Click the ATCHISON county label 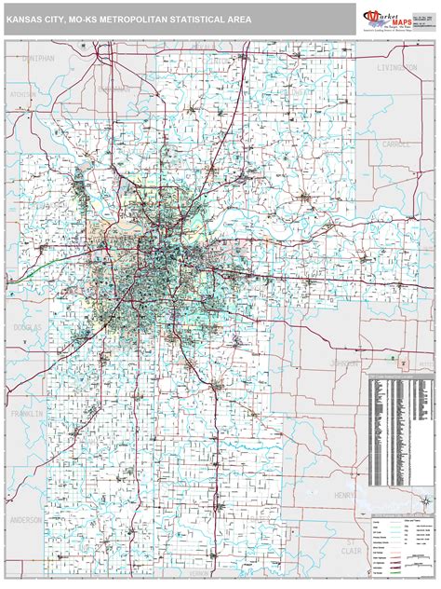(x=19, y=95)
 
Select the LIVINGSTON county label (x=397, y=68)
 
